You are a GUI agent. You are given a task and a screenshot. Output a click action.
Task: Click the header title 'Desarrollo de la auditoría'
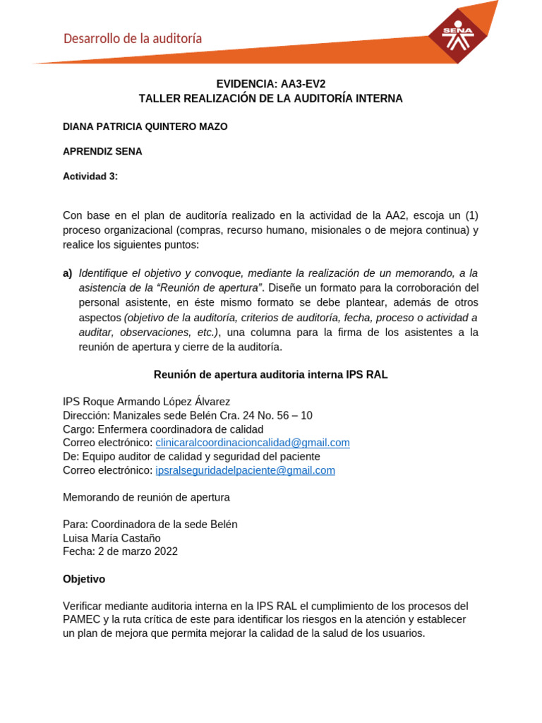pos(133,39)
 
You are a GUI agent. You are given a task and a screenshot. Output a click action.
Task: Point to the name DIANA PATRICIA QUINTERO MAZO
pos(145,126)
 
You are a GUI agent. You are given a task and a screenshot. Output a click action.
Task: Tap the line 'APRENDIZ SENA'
pos(102,151)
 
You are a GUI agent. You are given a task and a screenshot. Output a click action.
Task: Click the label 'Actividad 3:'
pos(90,177)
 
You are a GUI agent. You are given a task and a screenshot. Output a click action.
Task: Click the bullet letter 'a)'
pos(68,273)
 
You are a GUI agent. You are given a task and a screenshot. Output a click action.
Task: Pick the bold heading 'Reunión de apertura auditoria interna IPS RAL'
pos(270,375)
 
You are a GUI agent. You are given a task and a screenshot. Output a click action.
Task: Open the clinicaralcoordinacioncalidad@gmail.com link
pos(253,443)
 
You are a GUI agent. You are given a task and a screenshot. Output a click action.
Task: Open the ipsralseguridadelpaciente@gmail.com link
pos(245,470)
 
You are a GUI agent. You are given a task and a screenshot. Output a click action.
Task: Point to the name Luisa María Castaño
pos(112,538)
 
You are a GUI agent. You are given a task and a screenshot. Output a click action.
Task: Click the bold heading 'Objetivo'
pos(84,579)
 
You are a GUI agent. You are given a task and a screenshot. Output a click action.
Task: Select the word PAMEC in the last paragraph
pos(80,620)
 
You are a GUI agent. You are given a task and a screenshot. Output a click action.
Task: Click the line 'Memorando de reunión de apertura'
pos(147,497)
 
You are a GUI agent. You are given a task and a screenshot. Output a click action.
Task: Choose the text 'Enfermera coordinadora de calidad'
pos(181,429)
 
